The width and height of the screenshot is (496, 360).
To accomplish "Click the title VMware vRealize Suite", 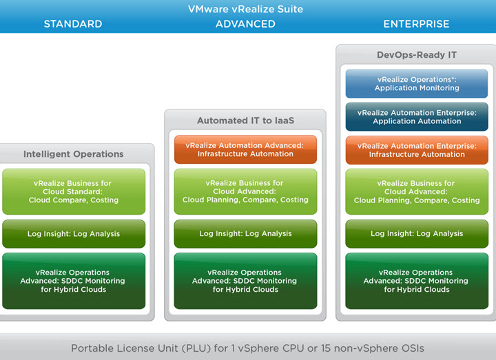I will pos(245,9).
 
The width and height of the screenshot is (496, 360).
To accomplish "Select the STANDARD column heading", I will pos(73,24).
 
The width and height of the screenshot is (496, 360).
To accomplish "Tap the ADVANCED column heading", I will pos(245,24).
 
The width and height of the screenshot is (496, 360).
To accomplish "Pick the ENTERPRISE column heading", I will pos(416,24).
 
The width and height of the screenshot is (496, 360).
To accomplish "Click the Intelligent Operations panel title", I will pos(74,154).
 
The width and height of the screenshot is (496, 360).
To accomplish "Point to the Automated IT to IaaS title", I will pos(245,120).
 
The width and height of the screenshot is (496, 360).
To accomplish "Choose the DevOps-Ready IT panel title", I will pos(417,55).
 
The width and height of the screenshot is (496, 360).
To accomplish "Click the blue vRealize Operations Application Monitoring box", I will pos(417,84).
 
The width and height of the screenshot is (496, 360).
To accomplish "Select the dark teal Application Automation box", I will pos(417,117).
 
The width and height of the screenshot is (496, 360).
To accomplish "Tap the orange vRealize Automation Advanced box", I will pos(245,150).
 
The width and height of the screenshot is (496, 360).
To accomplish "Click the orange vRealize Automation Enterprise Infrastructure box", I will pos(417,150).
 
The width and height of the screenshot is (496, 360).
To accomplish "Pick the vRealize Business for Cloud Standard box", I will pos(74,192).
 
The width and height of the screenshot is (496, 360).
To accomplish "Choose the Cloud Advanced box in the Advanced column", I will pos(245,192).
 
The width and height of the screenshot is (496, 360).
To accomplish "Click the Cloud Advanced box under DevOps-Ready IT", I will pos(417,192).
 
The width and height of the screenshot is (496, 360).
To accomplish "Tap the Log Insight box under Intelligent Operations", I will pos(74,234).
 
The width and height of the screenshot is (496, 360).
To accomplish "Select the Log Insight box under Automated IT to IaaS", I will pos(245,234).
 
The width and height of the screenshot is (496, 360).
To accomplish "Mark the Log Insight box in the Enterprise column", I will pos(417,234).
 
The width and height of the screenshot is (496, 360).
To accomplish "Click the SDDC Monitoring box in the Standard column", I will pos(74,281).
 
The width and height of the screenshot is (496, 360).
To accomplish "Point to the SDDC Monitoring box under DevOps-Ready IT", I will pos(417,281).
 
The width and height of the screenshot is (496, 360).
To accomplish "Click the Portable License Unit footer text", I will pos(247,348).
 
